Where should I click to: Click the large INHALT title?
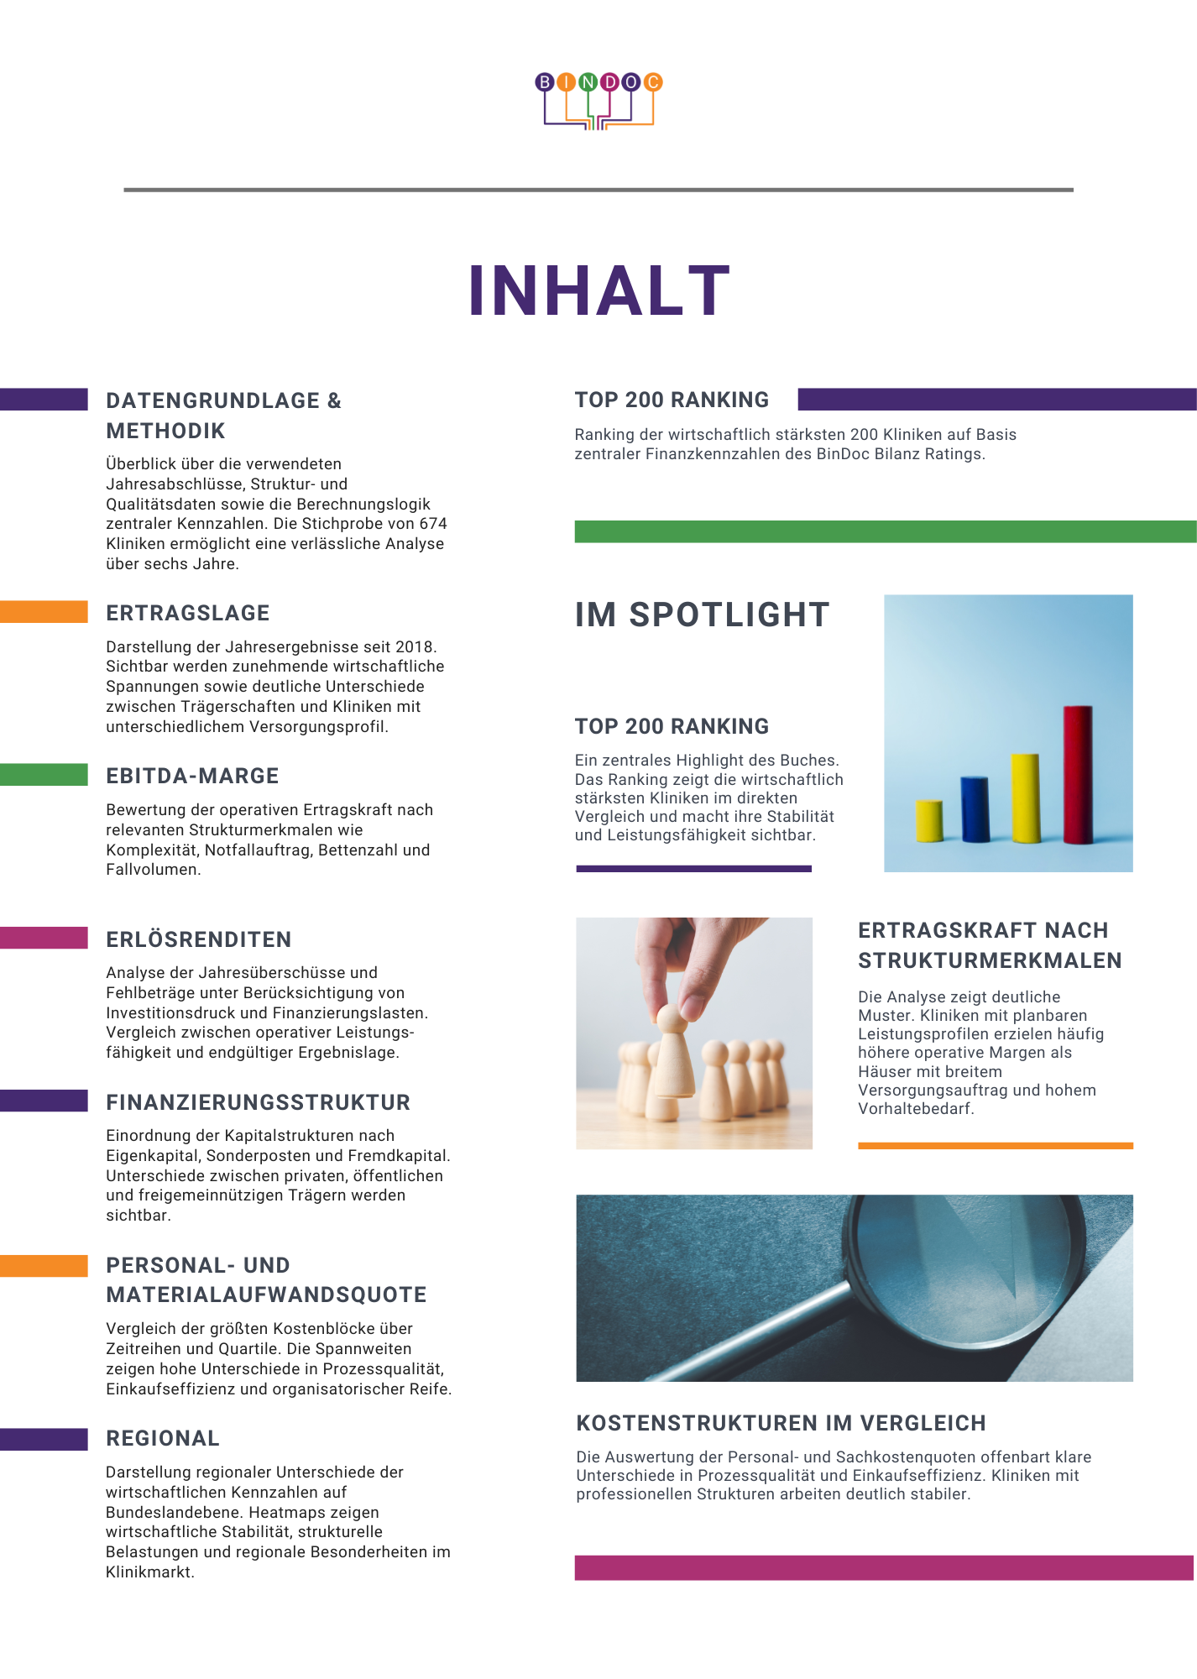[598, 291]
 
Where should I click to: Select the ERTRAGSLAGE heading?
[188, 614]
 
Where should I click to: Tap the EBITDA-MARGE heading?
[192, 777]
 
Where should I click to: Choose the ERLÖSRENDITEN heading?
[199, 939]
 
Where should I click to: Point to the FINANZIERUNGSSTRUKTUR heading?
[259, 1102]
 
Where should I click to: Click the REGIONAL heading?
[163, 1439]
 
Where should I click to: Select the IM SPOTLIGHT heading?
[702, 615]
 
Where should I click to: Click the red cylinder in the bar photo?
[1078, 774]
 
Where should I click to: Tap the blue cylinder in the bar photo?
[975, 808]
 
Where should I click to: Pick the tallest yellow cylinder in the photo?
[1026, 798]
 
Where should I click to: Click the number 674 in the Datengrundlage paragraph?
[433, 524]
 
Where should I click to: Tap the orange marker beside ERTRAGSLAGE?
[44, 612]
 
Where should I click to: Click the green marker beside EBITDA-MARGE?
[44, 775]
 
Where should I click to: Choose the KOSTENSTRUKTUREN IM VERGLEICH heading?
[781, 1424]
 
